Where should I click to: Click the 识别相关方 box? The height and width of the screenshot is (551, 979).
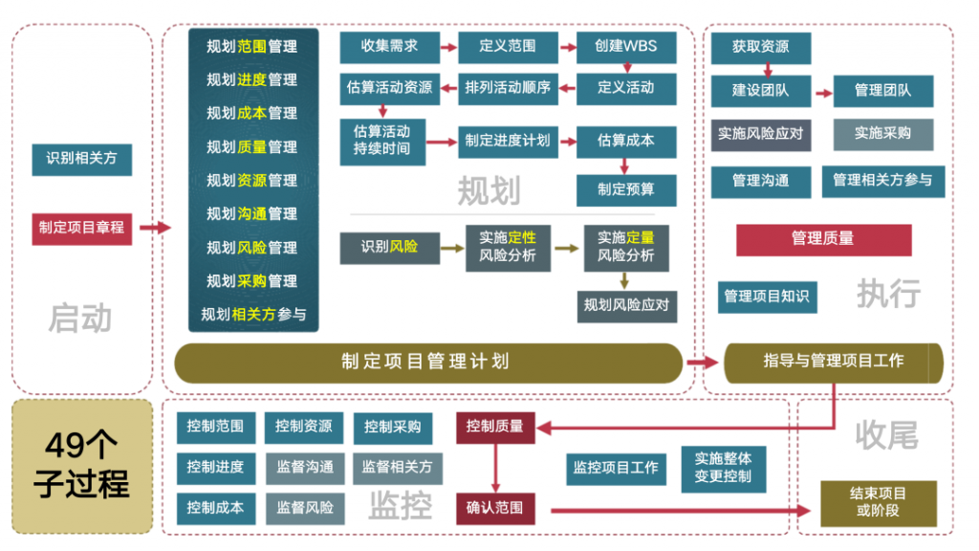(82, 160)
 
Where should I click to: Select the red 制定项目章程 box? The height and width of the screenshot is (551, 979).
(82, 228)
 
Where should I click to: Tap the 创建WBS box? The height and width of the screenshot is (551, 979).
(626, 47)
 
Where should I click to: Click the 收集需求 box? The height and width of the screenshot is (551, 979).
(390, 47)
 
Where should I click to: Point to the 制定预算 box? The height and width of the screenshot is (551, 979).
(626, 190)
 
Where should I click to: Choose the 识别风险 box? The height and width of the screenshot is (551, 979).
(390, 248)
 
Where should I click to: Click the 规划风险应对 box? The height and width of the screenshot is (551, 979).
(627, 306)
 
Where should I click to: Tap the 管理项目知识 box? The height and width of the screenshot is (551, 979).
(768, 297)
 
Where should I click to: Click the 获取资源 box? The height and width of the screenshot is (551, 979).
(761, 48)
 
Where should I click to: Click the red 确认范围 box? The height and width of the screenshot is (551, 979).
(495, 508)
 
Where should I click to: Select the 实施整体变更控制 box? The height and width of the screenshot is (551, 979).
(724, 469)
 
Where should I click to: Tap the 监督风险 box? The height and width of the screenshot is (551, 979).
(305, 508)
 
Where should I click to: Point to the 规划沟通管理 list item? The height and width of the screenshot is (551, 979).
(252, 214)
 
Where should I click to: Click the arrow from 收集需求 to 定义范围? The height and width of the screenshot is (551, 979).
(449, 48)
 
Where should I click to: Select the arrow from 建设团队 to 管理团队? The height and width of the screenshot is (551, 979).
(824, 93)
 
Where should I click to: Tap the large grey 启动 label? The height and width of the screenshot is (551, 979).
(80, 319)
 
